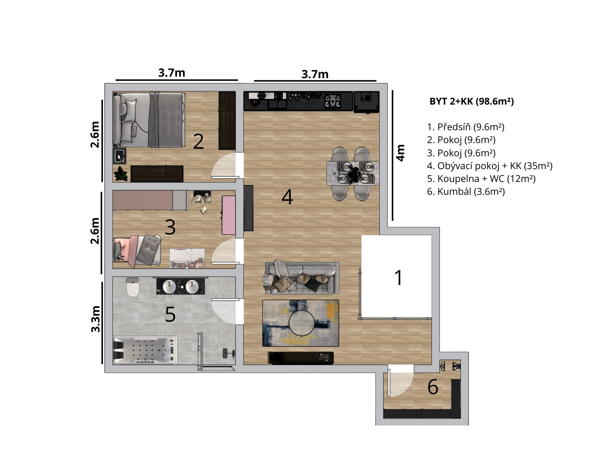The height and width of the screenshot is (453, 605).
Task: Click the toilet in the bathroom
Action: (x=133, y=287)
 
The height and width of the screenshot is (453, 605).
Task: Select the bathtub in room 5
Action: (x=145, y=349)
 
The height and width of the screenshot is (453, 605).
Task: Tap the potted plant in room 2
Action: (x=121, y=174)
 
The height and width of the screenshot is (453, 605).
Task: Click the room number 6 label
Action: (x=433, y=387)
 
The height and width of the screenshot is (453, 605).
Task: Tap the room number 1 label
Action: (x=399, y=277)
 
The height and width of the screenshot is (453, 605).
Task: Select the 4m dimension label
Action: (x=400, y=153)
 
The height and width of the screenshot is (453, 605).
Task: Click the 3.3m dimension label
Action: (x=95, y=319)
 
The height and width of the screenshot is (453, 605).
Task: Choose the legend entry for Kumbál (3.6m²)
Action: (x=465, y=191)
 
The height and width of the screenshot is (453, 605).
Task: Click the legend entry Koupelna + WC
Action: (x=481, y=179)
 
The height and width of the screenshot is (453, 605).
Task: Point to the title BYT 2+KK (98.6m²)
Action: (x=472, y=101)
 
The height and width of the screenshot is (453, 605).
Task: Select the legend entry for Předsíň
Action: (x=465, y=127)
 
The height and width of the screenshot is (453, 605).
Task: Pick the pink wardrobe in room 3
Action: (x=228, y=215)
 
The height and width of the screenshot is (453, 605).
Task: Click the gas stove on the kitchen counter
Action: (x=332, y=101)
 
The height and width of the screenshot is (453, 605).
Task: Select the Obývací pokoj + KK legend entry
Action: (x=490, y=166)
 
